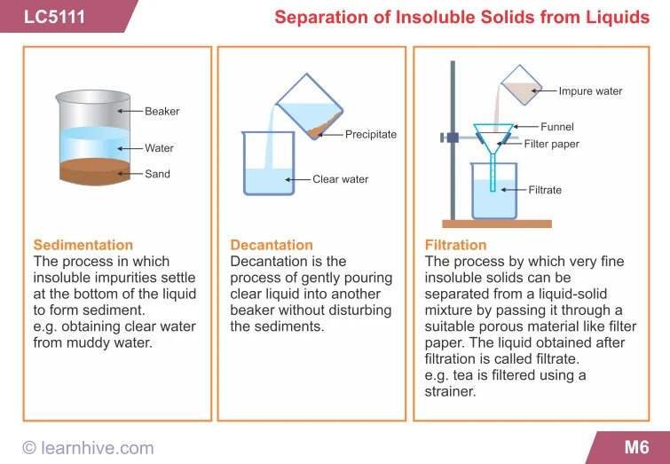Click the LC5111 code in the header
coord(55,17)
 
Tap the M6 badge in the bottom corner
coord(636,447)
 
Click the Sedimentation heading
coord(83,245)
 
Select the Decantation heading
coord(272,245)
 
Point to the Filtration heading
coord(456,245)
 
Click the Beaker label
coord(162,111)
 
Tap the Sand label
coord(157,174)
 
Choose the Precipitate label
coord(371,134)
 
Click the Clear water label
coord(340,179)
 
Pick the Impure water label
coord(590,90)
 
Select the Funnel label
coord(557,127)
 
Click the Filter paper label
coord(551,144)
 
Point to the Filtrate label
coord(545,190)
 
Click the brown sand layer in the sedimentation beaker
coord(92,172)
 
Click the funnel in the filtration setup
coord(492,139)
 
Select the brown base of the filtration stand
coord(497,224)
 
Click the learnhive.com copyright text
coord(88,448)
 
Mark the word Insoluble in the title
coord(430,18)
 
